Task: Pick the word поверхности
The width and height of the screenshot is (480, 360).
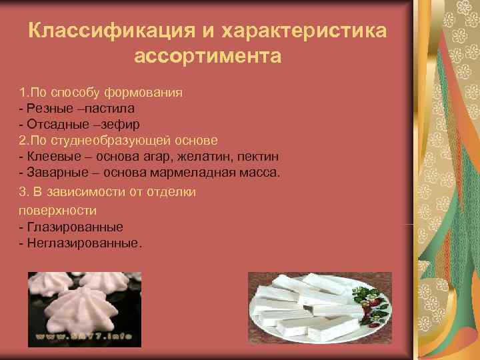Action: (59, 210)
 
